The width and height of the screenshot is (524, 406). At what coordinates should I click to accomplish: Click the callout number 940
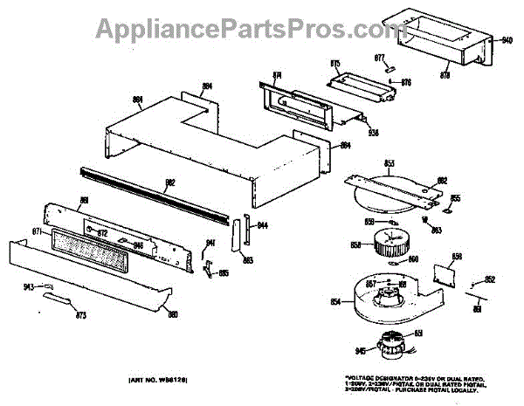(x=507, y=40)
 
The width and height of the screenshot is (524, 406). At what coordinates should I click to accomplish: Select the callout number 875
(x=334, y=63)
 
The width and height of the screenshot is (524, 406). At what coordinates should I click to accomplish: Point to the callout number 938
(x=373, y=133)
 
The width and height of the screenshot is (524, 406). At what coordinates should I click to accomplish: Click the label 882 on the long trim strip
(x=170, y=182)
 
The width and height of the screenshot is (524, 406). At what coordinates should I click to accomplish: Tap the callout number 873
(x=82, y=313)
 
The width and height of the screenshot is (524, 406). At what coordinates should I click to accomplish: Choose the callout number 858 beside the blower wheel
(x=355, y=245)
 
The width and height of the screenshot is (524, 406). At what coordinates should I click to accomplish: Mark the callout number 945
(x=359, y=352)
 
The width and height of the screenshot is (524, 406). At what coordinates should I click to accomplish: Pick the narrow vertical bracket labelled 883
(x=237, y=237)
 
